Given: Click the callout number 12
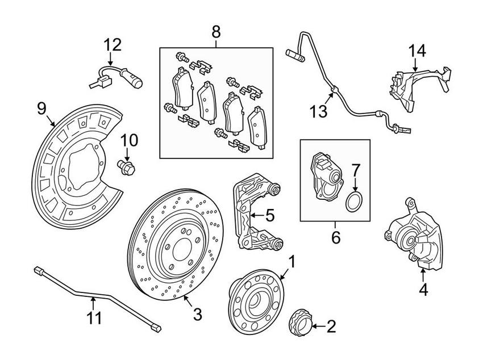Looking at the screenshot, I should pyautogui.click(x=112, y=44).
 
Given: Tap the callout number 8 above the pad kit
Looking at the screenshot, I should pyautogui.click(x=216, y=32).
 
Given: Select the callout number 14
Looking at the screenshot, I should pyautogui.click(x=417, y=51).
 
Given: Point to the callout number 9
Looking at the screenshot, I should pyautogui.click(x=41, y=108).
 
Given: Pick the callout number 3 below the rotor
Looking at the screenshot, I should pyautogui.click(x=197, y=313).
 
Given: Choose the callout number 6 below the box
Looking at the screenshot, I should pyautogui.click(x=336, y=237).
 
